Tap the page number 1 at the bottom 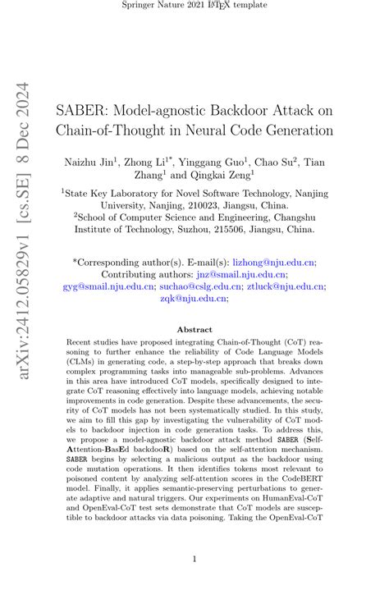194,560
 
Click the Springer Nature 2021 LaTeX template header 194,7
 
